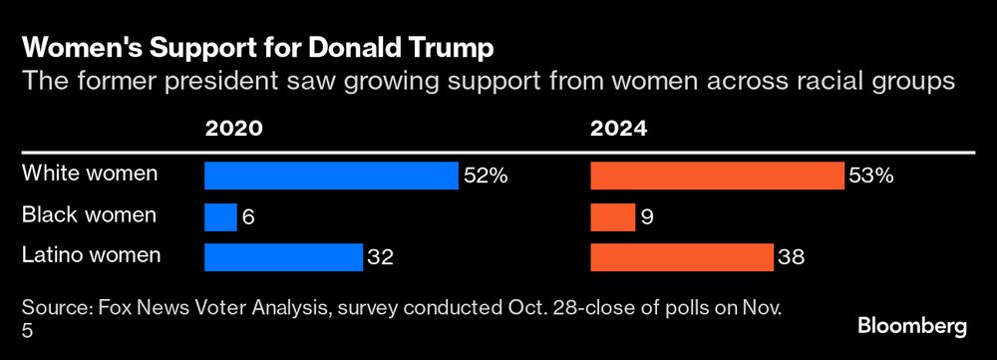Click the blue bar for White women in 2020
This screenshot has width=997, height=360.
pos(331,176)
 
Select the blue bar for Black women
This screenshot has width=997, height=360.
pos(220,216)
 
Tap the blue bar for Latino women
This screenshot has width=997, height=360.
pos(283,257)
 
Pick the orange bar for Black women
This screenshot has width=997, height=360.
pos(613,216)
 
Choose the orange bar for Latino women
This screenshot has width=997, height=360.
pos(682,257)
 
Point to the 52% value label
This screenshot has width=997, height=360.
pos(486,177)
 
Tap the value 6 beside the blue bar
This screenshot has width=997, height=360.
pos(249,217)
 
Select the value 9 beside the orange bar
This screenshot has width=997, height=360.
pos(648,217)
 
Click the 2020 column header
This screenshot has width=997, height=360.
pos(233,129)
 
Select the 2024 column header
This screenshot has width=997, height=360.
pos(619,129)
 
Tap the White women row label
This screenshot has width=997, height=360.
pos(90,174)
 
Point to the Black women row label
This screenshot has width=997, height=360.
pos(89,214)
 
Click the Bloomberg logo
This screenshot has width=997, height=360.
pos(912,327)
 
